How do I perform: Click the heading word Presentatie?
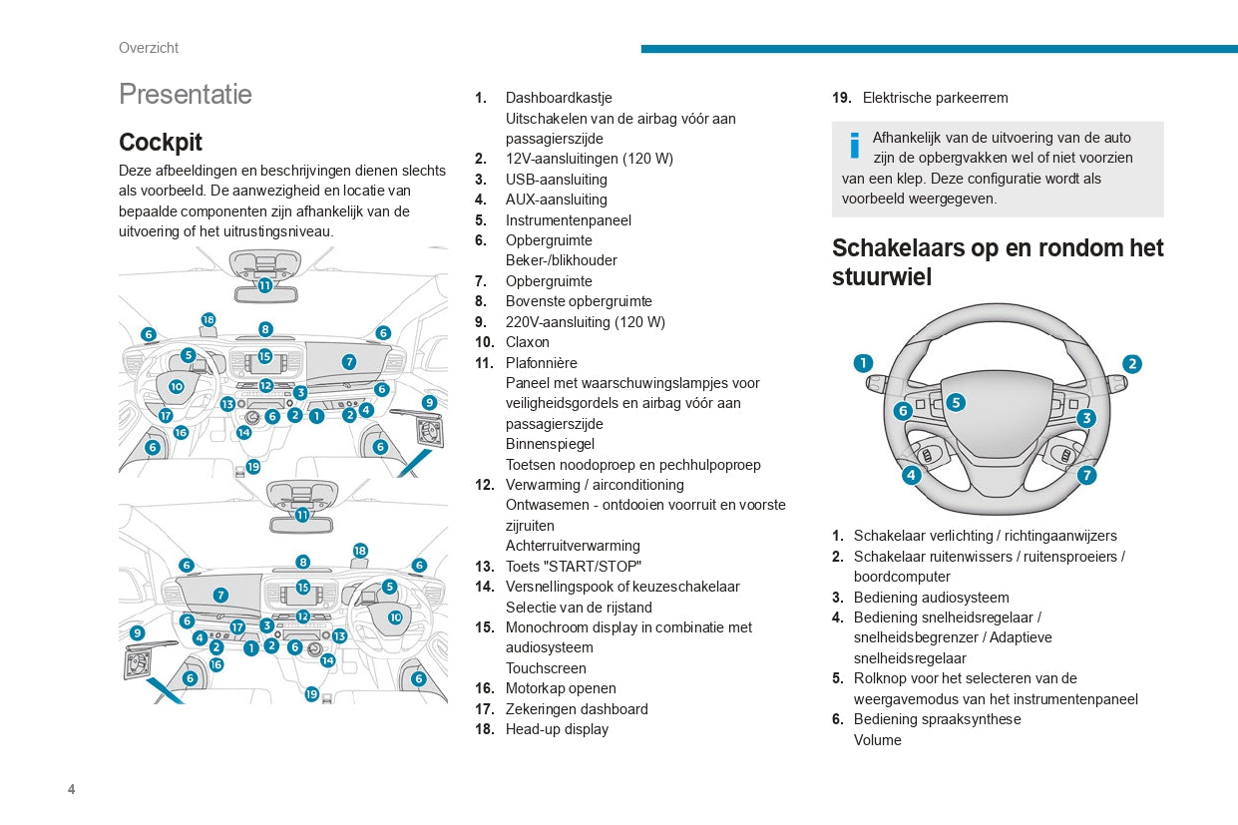pyautogui.click(x=186, y=94)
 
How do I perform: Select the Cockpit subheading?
pyautogui.click(x=161, y=142)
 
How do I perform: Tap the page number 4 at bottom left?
pyautogui.click(x=71, y=790)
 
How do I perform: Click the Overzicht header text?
pyautogui.click(x=149, y=48)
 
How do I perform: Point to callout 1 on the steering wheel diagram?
pyautogui.click(x=863, y=363)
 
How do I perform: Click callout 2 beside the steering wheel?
pyautogui.click(x=1132, y=364)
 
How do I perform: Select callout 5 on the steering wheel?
pyautogui.click(x=956, y=402)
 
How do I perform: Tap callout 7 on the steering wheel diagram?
pyautogui.click(x=1086, y=475)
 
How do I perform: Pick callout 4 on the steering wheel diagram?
pyautogui.click(x=911, y=475)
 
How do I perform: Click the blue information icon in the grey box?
pyautogui.click(x=854, y=146)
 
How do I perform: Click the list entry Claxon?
pyautogui.click(x=527, y=342)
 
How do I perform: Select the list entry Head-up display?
pyautogui.click(x=557, y=729)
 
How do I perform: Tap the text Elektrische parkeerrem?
pyautogui.click(x=935, y=98)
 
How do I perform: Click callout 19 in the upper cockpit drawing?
pyautogui.click(x=253, y=466)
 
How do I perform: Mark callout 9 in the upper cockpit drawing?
pyautogui.click(x=429, y=403)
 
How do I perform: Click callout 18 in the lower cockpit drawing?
pyautogui.click(x=360, y=551)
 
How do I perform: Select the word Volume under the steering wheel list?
pyautogui.click(x=877, y=740)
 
